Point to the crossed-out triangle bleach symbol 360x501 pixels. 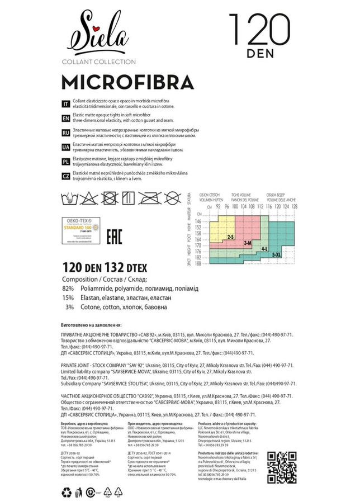coord(89,197)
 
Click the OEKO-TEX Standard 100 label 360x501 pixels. coord(80,231)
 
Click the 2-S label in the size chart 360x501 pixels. coord(230,238)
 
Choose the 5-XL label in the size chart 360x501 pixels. coord(277,254)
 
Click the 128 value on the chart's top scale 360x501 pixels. coord(295,206)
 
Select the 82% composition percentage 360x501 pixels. coord(68,287)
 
